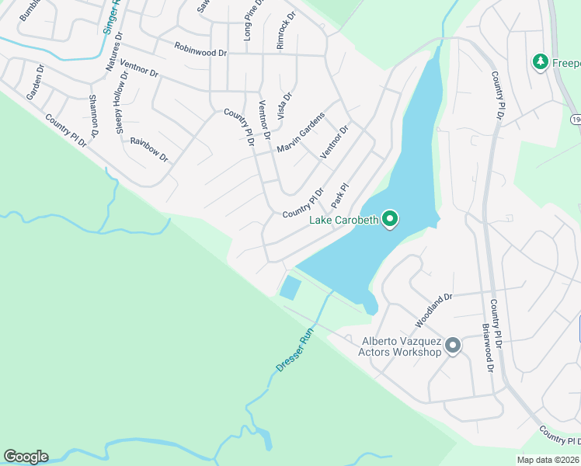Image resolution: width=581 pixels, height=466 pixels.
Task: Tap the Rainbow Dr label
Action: pos(149,148)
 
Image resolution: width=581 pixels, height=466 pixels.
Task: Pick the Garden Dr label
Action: pos(35,82)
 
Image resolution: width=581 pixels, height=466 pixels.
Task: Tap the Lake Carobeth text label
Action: pos(344,220)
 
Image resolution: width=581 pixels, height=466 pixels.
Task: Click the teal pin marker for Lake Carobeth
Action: pos(390,221)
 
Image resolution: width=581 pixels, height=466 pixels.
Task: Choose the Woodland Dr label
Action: pos(433,310)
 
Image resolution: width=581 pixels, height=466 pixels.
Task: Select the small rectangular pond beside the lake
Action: pos(290,288)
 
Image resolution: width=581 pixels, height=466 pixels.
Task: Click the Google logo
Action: pos(26,457)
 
